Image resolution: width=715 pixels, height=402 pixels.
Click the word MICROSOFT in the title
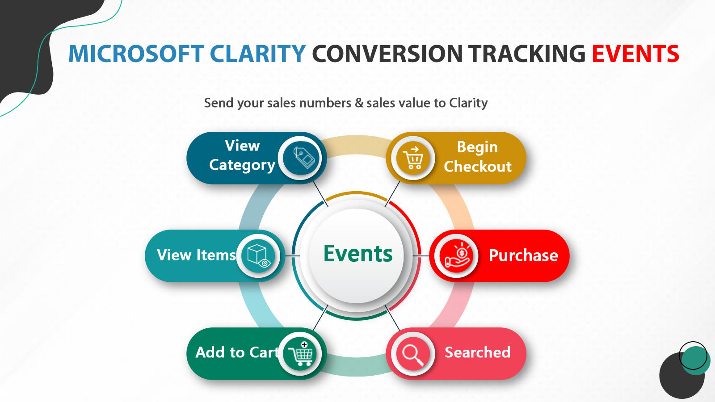click(136, 54)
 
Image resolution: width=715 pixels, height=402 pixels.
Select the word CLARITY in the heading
click(258, 54)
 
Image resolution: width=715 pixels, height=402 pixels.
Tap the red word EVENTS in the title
click(635, 54)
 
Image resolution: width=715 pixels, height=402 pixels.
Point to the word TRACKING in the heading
click(527, 54)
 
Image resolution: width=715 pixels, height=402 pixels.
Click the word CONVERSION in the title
click(387, 54)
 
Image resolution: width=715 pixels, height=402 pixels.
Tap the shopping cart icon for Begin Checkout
click(413, 158)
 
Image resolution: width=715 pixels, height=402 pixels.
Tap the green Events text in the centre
click(357, 254)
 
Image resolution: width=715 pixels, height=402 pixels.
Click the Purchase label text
click(523, 255)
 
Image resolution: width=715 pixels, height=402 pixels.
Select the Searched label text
click(477, 352)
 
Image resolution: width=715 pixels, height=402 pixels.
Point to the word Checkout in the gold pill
click(477, 167)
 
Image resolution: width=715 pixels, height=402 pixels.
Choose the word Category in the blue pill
click(242, 165)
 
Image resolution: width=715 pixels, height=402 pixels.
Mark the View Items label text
click(196, 255)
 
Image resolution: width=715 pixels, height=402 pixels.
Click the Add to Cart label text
click(237, 352)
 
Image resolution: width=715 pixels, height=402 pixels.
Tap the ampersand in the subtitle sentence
click(359, 103)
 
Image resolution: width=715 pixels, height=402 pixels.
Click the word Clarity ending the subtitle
click(468, 103)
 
